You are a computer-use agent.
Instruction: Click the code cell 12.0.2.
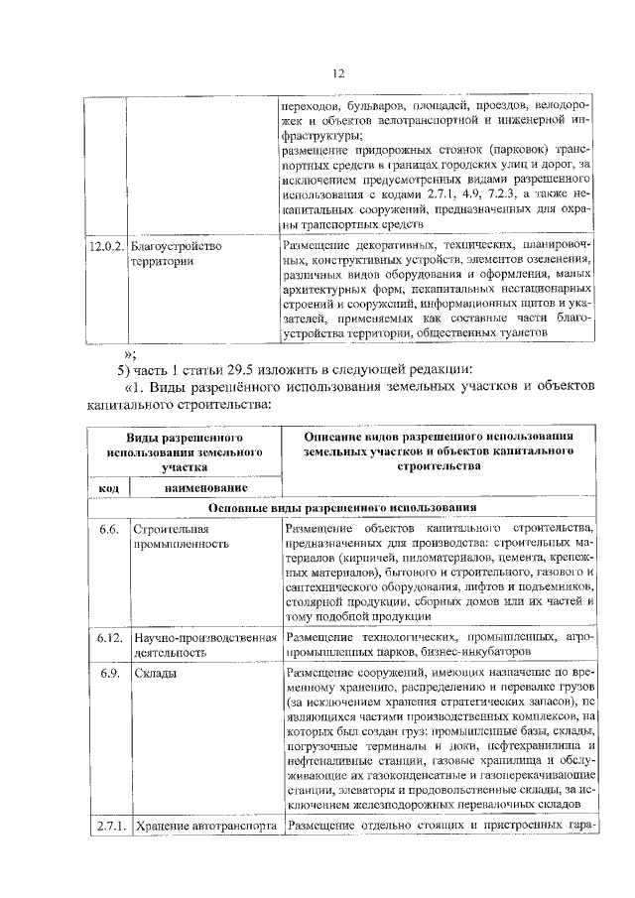pyautogui.click(x=105, y=246)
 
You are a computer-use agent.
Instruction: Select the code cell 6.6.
pyautogui.click(x=108, y=528)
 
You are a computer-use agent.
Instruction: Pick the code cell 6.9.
pyautogui.click(x=109, y=672)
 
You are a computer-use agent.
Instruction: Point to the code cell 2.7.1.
pyautogui.click(x=108, y=827)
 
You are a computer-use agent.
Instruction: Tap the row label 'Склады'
pyautogui.click(x=156, y=672)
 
